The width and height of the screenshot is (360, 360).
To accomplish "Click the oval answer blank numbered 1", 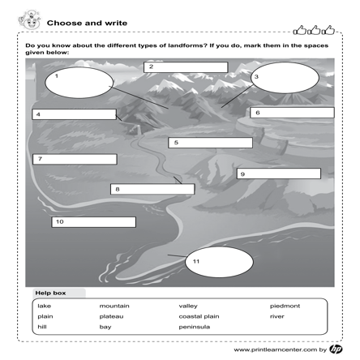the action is click(x=79, y=81).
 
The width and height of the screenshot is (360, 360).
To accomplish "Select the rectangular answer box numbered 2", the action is click(x=186, y=67).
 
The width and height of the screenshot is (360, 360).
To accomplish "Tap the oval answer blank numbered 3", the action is click(x=285, y=78).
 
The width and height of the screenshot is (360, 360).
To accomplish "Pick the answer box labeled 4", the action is click(x=75, y=114).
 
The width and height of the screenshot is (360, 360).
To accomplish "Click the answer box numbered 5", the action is click(x=210, y=143).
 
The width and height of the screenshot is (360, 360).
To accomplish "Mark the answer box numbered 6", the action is click(x=292, y=113).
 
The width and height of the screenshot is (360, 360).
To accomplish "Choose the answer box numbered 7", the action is click(x=75, y=159).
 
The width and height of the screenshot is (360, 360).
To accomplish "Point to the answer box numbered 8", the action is click(x=152, y=189).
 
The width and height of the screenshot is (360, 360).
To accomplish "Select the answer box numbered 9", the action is click(x=278, y=174).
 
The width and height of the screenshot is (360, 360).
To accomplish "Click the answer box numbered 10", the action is click(x=94, y=221).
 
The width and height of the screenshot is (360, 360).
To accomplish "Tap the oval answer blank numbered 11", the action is click(x=220, y=261).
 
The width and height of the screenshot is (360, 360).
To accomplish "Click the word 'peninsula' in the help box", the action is click(x=195, y=327).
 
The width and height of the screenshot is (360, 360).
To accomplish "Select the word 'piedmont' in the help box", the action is click(x=285, y=306).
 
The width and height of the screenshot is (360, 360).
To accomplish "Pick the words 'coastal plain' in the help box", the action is click(x=199, y=316).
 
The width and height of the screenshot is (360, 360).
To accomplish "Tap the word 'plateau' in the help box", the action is click(x=112, y=316).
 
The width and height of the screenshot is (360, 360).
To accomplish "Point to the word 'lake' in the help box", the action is click(x=44, y=306).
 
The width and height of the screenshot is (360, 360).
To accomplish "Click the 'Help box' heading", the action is click(x=50, y=292).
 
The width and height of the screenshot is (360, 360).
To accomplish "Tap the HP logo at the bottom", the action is click(x=336, y=349).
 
